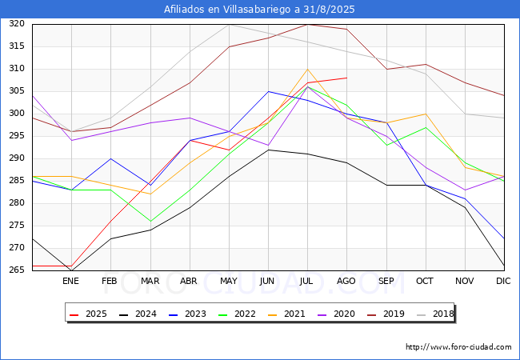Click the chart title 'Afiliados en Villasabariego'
(x=259, y=10)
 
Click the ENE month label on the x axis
(x=71, y=282)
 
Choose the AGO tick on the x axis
(x=346, y=282)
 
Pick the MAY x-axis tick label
(x=229, y=282)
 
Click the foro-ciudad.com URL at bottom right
(x=458, y=347)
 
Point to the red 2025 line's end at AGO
(x=346, y=78)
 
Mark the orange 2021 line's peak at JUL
(x=307, y=69)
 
